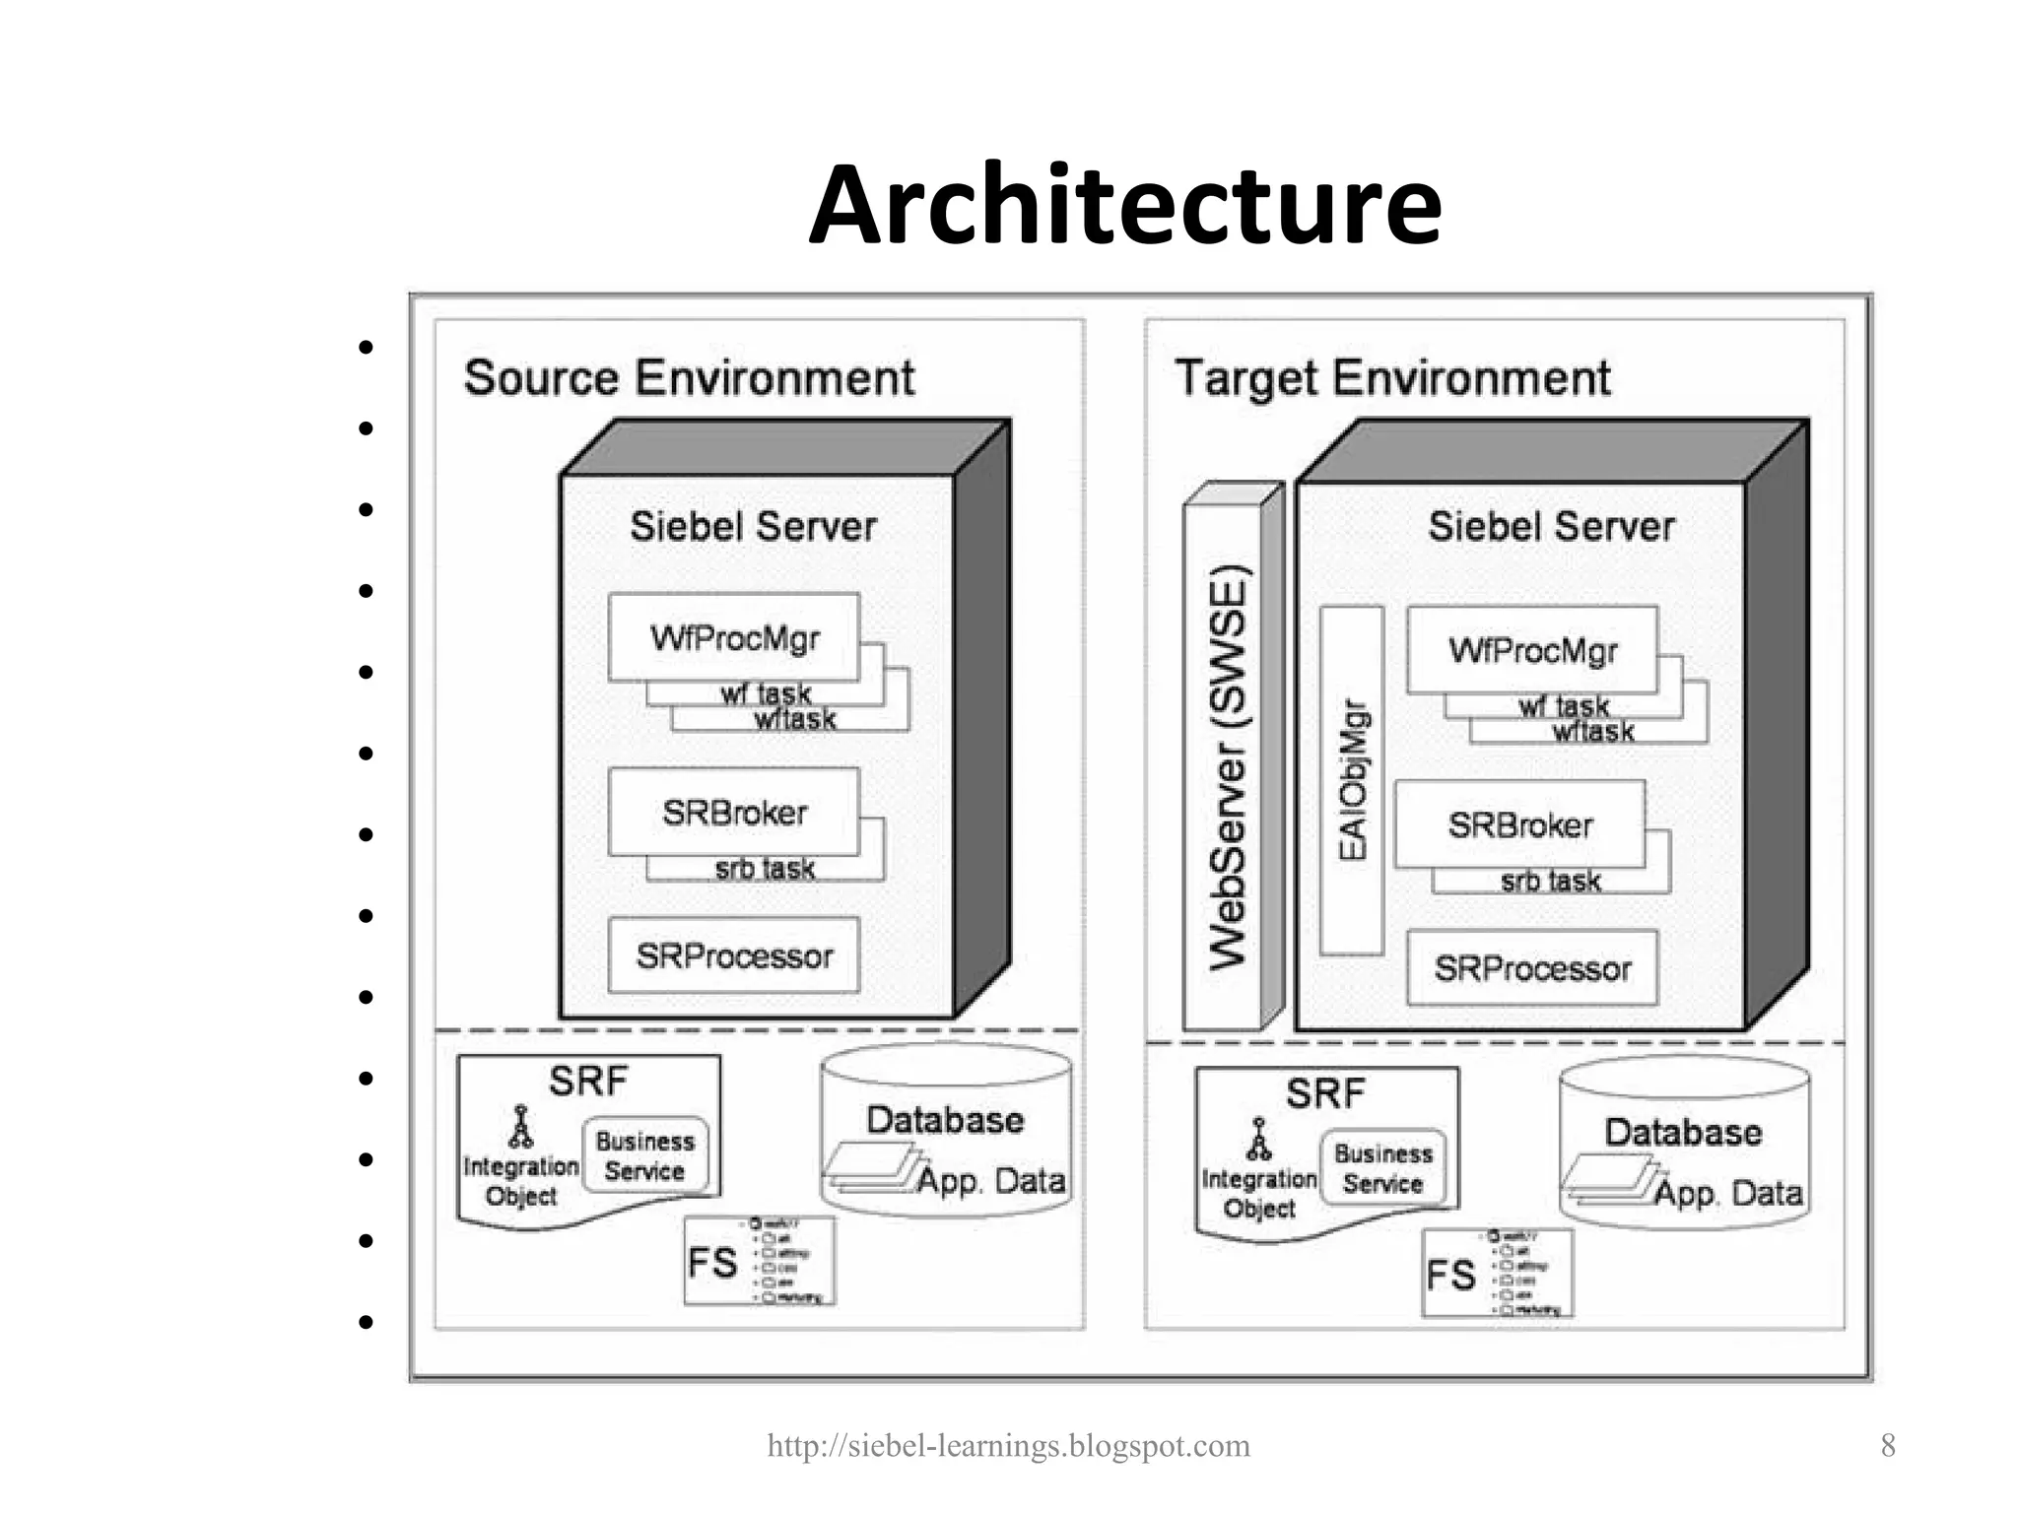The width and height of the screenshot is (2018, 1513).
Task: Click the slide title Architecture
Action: (1124, 206)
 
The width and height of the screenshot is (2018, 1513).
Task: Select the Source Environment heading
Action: (689, 378)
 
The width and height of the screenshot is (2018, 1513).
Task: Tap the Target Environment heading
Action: (1392, 378)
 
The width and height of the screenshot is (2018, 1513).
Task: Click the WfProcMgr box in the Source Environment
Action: (734, 637)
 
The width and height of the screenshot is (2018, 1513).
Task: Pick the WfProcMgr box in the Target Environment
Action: (1532, 650)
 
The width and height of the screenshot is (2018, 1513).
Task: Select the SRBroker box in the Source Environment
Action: (734, 813)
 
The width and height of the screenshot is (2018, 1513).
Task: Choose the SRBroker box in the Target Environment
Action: (1519, 825)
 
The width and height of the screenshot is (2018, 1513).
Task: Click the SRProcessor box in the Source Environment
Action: (734, 955)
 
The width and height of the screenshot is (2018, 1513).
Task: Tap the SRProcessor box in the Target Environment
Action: (1532, 968)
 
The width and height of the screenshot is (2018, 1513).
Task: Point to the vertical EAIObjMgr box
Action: (1352, 780)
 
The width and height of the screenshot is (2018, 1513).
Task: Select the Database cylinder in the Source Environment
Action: (946, 1133)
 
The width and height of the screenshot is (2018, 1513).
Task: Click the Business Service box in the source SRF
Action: (645, 1155)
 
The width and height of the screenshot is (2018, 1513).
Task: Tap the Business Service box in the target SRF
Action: (1383, 1168)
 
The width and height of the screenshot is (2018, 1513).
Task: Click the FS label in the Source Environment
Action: (712, 1263)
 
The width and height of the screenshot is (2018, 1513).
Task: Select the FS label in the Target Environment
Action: (1450, 1276)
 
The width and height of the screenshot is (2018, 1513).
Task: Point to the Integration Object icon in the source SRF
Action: (520, 1128)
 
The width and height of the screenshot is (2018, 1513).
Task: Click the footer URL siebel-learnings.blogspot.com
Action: (1008, 1446)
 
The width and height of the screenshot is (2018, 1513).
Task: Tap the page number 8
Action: (1888, 1445)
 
